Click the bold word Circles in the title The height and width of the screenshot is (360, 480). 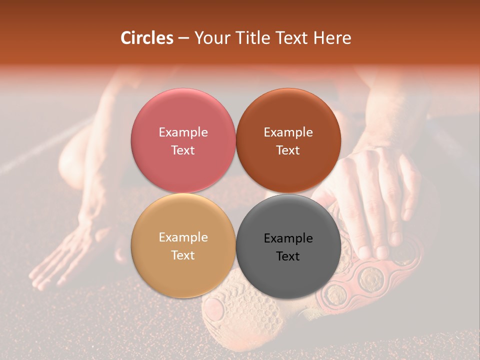click(x=147, y=38)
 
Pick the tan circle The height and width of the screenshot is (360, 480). click(x=183, y=270)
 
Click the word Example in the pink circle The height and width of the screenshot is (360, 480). click(x=183, y=132)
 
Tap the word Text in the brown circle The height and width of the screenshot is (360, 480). click(x=288, y=150)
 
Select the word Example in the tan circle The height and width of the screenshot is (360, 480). click(x=183, y=237)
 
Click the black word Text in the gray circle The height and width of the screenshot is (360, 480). click(x=288, y=256)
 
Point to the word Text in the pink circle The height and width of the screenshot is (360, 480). click(x=183, y=150)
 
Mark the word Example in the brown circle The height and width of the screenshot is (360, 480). click(x=288, y=132)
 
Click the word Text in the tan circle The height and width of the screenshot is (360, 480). click(x=183, y=255)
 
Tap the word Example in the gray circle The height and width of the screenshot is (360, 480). click(x=288, y=238)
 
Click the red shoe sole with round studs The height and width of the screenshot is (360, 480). click(x=370, y=280)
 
